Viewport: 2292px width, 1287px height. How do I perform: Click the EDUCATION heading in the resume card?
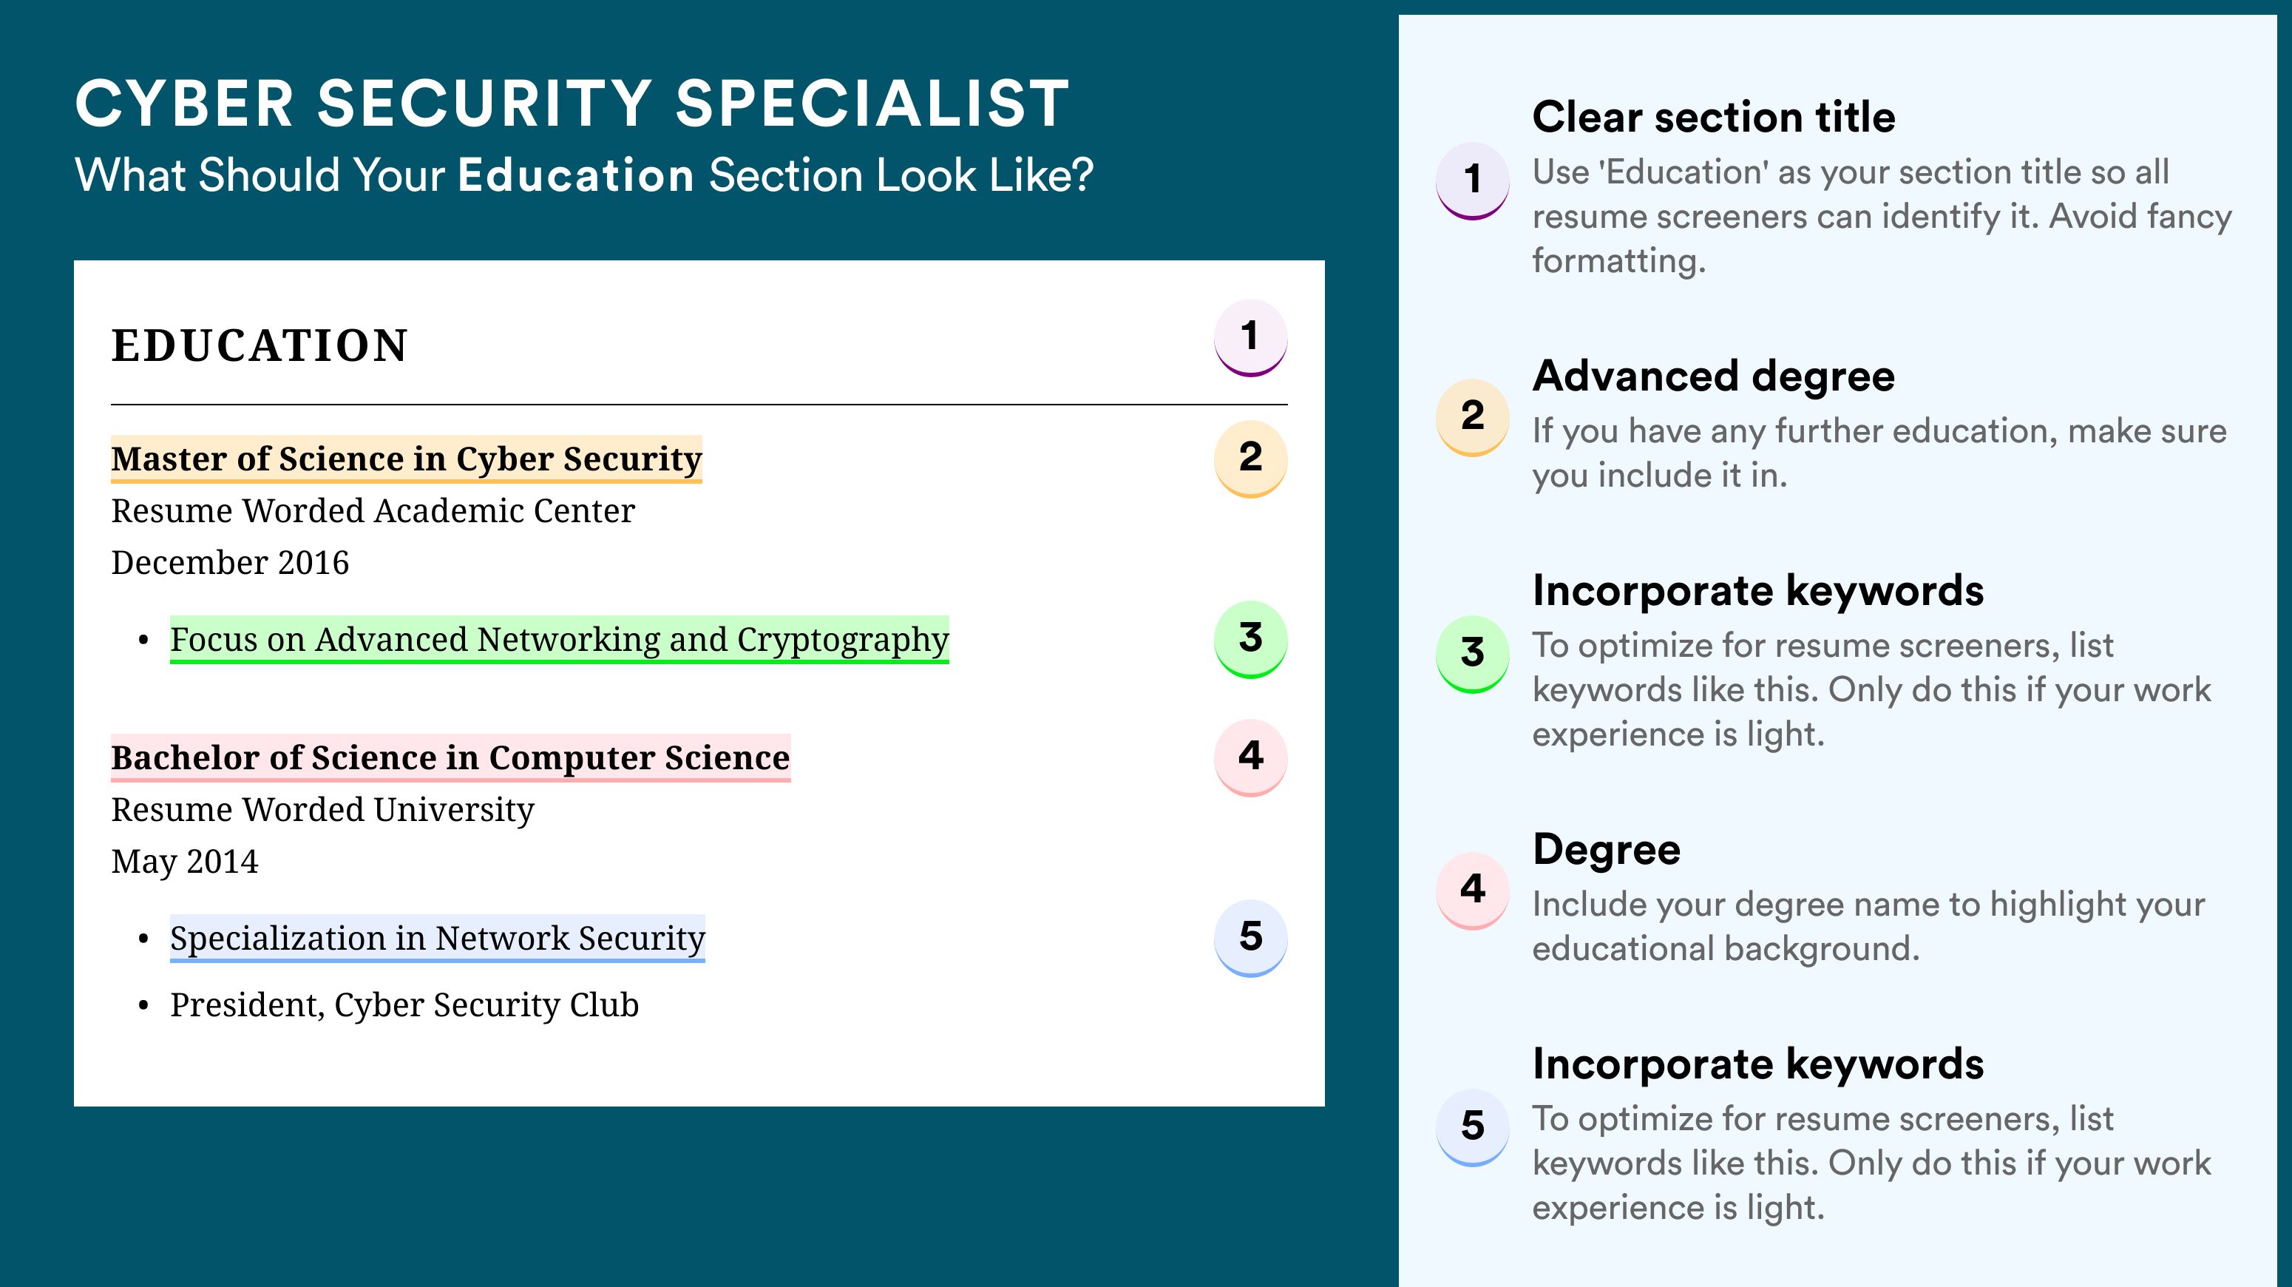259,345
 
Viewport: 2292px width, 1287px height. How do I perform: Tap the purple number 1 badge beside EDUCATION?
1250,337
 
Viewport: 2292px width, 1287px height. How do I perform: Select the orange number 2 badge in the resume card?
1250,459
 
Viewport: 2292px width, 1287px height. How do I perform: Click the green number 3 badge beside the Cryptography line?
1250,639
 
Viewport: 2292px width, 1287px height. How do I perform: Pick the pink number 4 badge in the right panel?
1473,890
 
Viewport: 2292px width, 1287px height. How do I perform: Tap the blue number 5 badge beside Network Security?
1250,938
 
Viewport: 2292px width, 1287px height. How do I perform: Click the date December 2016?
229,562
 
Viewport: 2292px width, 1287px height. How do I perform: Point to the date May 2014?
184,862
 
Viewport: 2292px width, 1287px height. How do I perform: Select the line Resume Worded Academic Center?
373,511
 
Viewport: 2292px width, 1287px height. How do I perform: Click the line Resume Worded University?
322,810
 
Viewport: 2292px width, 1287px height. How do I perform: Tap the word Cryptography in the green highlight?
843,641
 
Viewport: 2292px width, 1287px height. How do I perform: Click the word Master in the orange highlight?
169,459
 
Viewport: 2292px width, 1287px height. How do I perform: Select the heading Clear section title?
1714,117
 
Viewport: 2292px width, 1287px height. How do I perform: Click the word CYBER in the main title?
184,104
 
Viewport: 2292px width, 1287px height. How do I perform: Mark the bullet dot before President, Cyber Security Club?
143,1006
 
